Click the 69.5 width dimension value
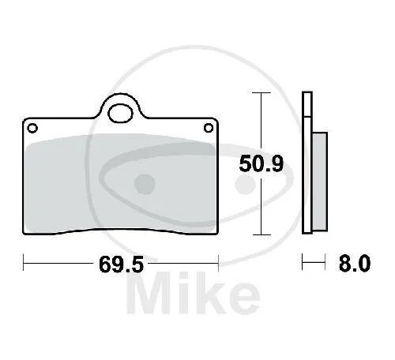pyautogui.click(x=122, y=264)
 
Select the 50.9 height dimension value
pyautogui.click(x=261, y=163)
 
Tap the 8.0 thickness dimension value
pyautogui.click(x=355, y=263)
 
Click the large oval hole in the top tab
pyautogui.click(x=120, y=113)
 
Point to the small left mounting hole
pyautogui.click(x=32, y=128)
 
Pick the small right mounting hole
pyautogui.click(x=209, y=128)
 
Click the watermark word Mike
pyautogui.click(x=194, y=294)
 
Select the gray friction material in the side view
pyautogui.click(x=320, y=182)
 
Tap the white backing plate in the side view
pyautogui.click(x=307, y=163)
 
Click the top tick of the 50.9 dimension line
pyautogui.click(x=261, y=92)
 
